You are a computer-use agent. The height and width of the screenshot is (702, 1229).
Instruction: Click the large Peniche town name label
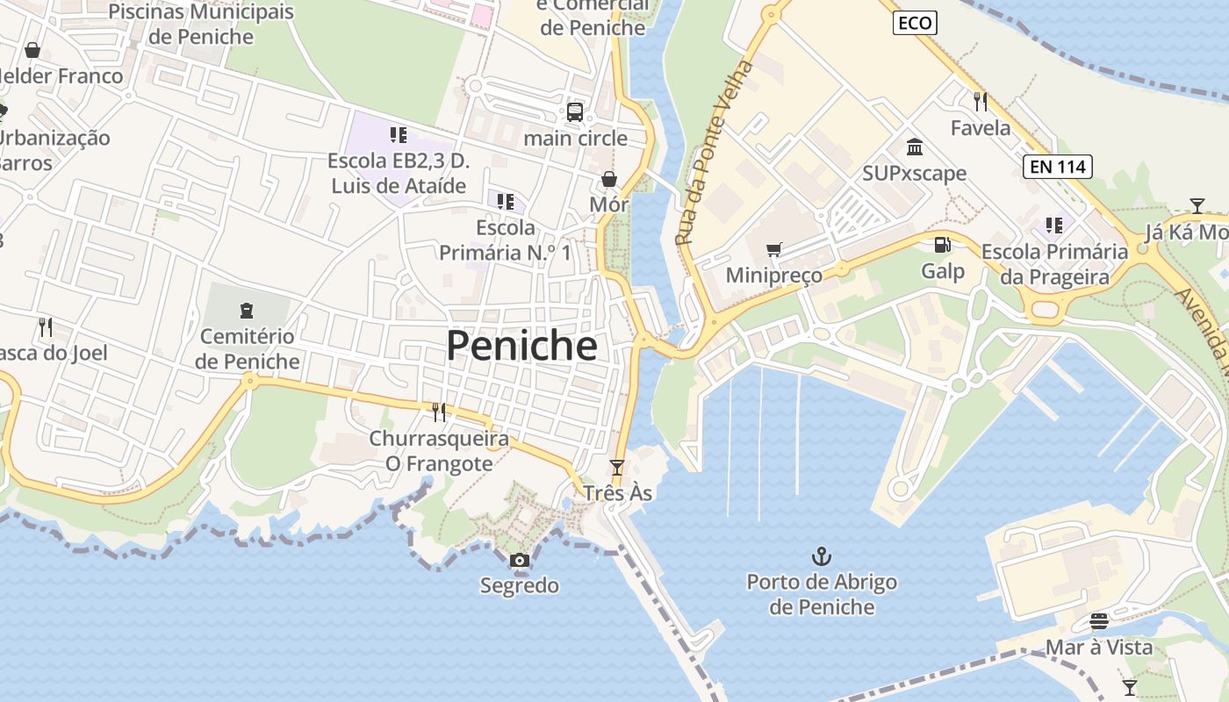pos(521,346)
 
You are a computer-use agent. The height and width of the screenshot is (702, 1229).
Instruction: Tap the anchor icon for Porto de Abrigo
pos(822,555)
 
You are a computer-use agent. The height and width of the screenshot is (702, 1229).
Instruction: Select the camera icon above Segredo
pos(520,560)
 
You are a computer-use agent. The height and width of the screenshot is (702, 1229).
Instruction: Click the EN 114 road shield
pos(1057,166)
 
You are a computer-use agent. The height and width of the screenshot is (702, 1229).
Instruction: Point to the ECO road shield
pos(915,23)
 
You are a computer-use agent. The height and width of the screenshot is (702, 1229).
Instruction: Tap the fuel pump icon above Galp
pos(942,245)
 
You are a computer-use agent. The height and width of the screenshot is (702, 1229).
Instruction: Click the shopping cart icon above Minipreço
pos(773,250)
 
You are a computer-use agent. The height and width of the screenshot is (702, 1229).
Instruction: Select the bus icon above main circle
pos(575,112)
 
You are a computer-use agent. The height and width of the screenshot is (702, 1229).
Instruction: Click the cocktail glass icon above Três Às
pos(617,467)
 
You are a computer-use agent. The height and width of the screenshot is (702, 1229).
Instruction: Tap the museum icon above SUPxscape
pos(914,147)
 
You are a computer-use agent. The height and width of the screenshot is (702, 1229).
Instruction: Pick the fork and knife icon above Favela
pos(981,102)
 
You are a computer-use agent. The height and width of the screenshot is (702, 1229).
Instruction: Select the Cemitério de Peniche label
pos(247,348)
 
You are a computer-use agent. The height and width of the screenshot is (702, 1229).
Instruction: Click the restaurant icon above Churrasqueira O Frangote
pos(439,412)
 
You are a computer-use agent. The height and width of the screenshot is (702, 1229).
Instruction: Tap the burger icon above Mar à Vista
pos(1099,621)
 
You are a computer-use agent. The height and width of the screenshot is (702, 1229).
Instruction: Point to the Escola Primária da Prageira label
pos(1054,264)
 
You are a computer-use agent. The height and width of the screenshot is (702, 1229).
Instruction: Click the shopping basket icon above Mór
pos(609,179)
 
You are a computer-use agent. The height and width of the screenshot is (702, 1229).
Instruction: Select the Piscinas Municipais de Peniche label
pos(201,25)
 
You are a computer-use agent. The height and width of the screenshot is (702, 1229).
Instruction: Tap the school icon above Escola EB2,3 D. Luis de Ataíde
pos(399,135)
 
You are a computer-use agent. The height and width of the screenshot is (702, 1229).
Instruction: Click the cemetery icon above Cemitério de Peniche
pos(247,310)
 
